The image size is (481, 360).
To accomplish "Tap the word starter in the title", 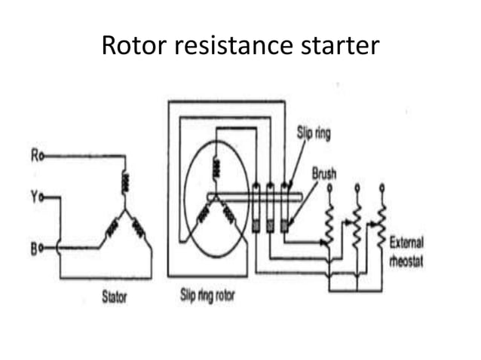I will click(x=339, y=46).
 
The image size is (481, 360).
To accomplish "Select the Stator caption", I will click(x=115, y=296).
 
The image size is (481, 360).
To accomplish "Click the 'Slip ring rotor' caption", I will click(x=207, y=296).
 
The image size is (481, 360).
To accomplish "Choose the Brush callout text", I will click(x=324, y=173).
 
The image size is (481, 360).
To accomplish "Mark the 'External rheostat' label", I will click(x=406, y=248).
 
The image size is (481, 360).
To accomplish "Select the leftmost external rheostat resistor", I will click(x=329, y=222).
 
